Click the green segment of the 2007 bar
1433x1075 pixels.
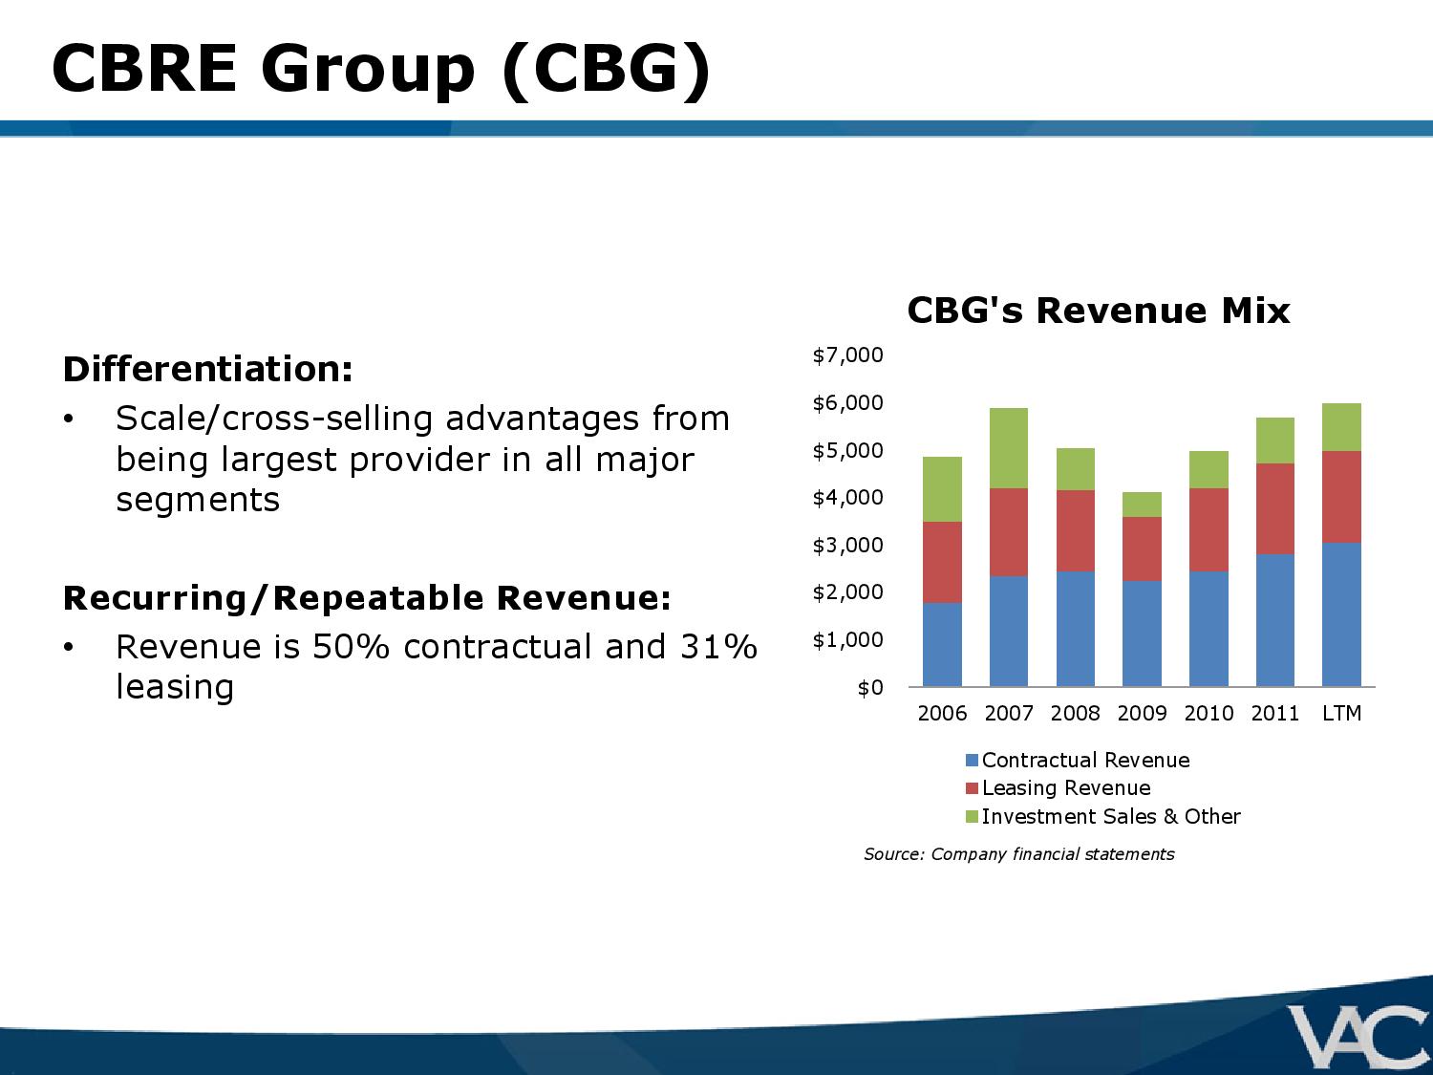coord(1009,448)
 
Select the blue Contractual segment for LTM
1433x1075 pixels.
coord(1341,614)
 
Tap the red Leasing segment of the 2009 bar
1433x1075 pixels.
coord(1142,548)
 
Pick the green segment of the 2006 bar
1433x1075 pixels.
coord(942,489)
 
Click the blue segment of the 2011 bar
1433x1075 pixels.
coord(1274,620)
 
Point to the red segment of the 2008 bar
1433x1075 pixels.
coord(1076,530)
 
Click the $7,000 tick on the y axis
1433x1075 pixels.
coord(847,355)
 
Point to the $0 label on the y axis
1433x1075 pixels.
coord(869,688)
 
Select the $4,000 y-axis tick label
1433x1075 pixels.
coord(847,498)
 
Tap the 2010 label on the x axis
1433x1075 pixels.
coord(1208,714)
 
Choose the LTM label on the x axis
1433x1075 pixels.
coord(1341,714)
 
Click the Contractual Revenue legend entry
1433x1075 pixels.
coord(1085,761)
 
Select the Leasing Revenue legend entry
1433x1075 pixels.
coord(1066,788)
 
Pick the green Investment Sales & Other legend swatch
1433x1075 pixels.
coord(973,817)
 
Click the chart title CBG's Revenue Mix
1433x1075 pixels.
coord(1098,311)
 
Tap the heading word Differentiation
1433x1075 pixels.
coord(207,369)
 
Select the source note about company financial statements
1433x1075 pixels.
coord(1018,854)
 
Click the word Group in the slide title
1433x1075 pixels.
coord(367,69)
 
